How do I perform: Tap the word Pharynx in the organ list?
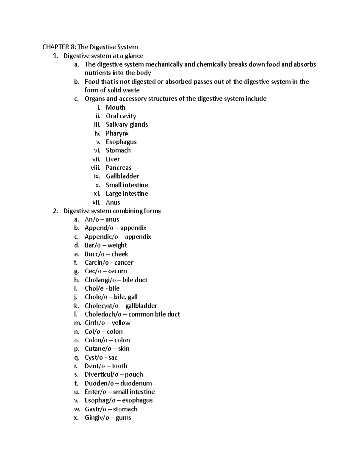(x=117, y=133)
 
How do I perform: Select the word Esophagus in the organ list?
(x=121, y=142)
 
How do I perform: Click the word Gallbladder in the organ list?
(x=122, y=176)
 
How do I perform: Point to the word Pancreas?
(x=118, y=168)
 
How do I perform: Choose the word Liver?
(x=112, y=159)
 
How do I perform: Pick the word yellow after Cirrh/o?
(x=121, y=323)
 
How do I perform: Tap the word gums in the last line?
(x=123, y=418)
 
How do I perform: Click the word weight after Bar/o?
(x=117, y=245)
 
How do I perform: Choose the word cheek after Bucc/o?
(x=120, y=254)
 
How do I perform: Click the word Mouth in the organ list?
(x=115, y=107)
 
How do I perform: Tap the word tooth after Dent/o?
(x=120, y=366)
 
